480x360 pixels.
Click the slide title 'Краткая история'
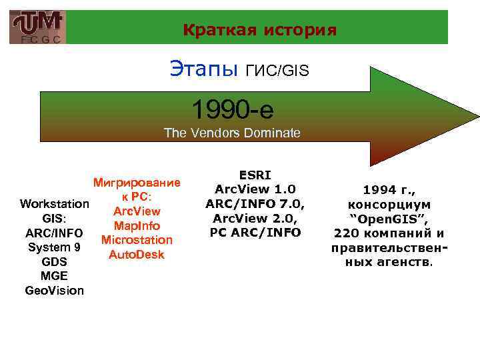[x=259, y=30]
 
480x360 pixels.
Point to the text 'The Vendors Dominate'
[x=232, y=133]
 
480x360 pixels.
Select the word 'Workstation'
[x=55, y=203]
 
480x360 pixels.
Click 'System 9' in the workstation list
[x=55, y=247]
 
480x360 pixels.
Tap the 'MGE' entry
[x=55, y=276]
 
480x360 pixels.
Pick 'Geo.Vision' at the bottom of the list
[x=55, y=291]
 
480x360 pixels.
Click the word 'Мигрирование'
[x=137, y=183]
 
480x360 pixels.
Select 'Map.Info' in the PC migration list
[x=137, y=226]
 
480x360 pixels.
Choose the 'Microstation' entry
[x=137, y=240]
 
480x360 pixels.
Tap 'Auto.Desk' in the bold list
[x=137, y=255]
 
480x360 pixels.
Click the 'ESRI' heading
[x=256, y=175]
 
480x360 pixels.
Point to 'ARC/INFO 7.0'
[x=256, y=203]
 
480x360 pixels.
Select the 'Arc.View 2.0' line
[x=256, y=218]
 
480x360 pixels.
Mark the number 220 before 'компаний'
[x=346, y=233]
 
